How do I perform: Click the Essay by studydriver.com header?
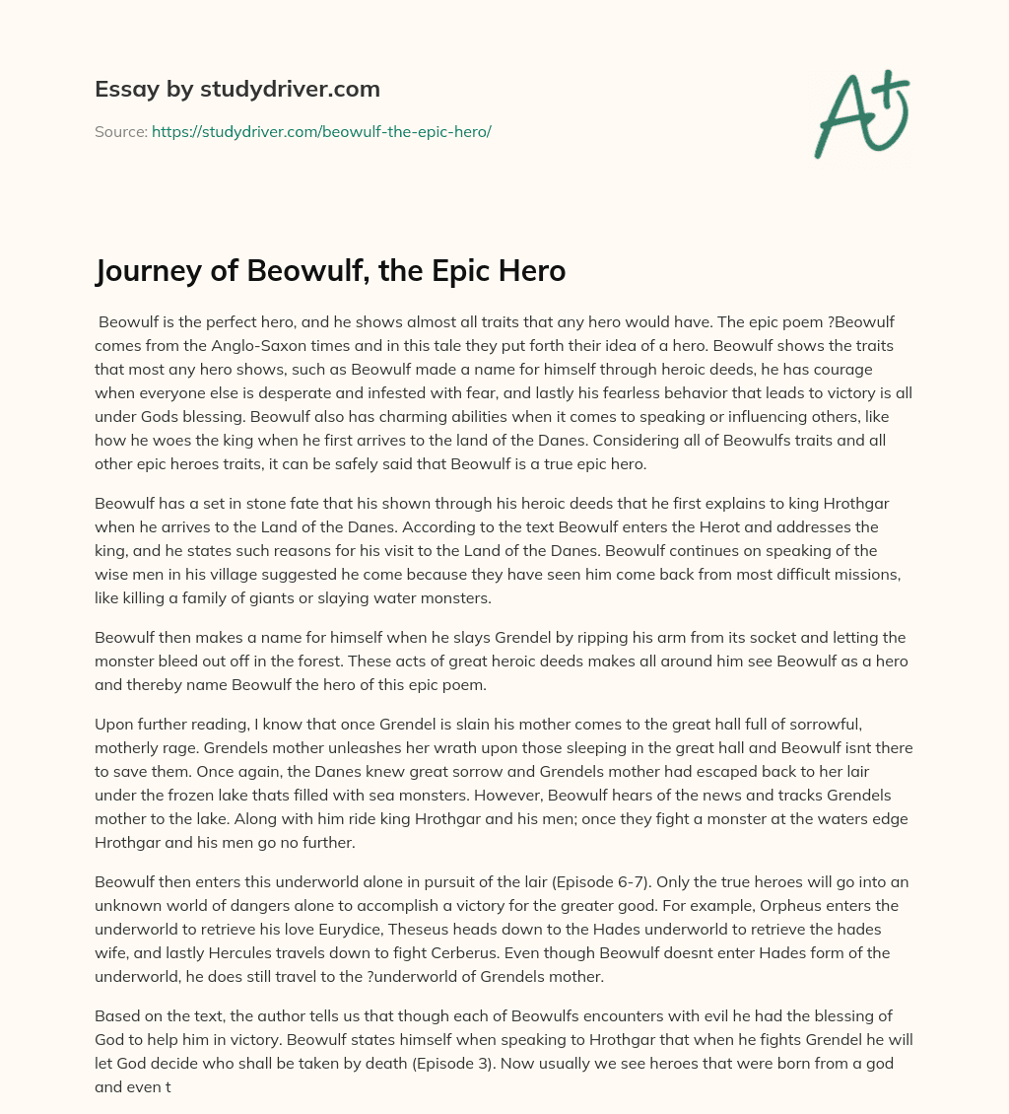237,89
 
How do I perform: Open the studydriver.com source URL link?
321,131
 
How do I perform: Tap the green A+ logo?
860,113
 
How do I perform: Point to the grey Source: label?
120,131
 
